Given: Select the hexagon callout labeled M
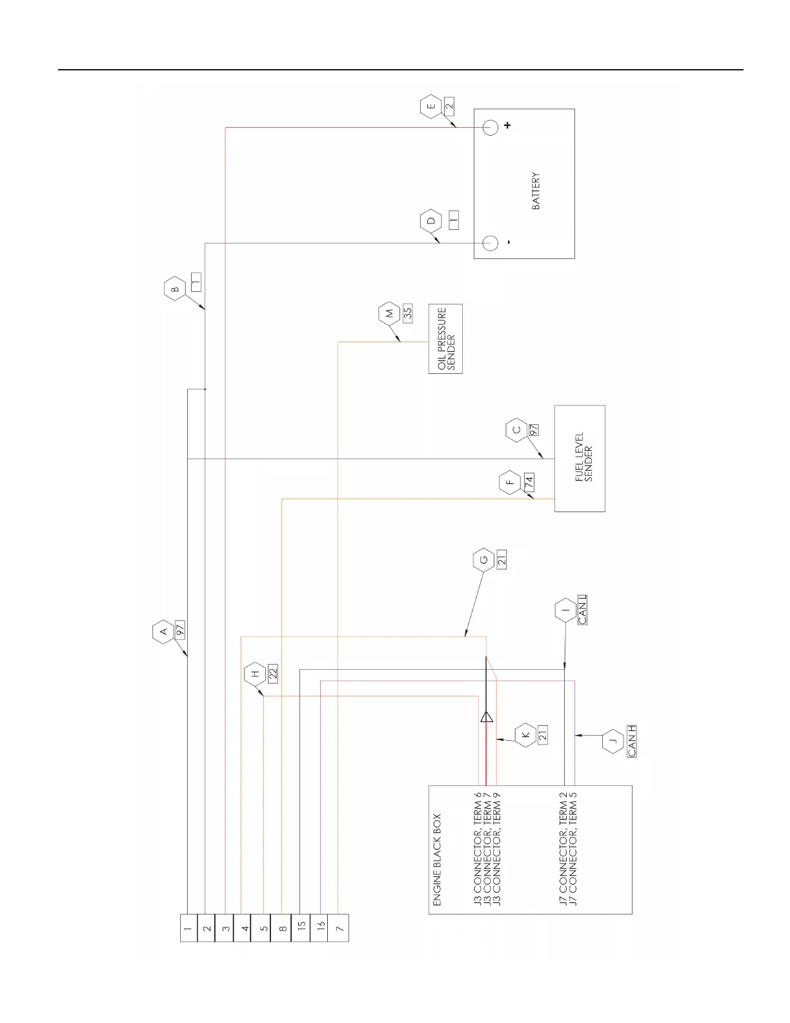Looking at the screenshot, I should click(x=389, y=313).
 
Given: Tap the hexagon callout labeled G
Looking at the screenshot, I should click(x=483, y=559).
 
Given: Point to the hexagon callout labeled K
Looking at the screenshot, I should click(x=525, y=735).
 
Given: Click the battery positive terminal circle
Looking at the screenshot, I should click(x=491, y=127).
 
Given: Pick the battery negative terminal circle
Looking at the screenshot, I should click(x=491, y=243).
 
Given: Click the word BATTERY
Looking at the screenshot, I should click(x=536, y=191).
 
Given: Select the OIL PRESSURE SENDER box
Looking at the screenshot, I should click(x=446, y=338).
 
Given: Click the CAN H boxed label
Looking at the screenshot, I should click(x=631, y=741).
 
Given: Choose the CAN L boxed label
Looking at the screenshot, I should click(x=582, y=610).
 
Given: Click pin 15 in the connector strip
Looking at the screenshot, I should click(x=301, y=928).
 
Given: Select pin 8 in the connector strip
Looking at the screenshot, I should click(x=282, y=928).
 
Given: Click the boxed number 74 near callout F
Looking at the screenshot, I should click(x=529, y=482).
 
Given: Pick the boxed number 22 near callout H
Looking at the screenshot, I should click(x=272, y=673).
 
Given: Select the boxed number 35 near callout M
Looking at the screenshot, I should click(x=407, y=313).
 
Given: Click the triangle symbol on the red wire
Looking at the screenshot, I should click(x=486, y=716).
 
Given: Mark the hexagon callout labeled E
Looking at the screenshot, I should click(x=431, y=107).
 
